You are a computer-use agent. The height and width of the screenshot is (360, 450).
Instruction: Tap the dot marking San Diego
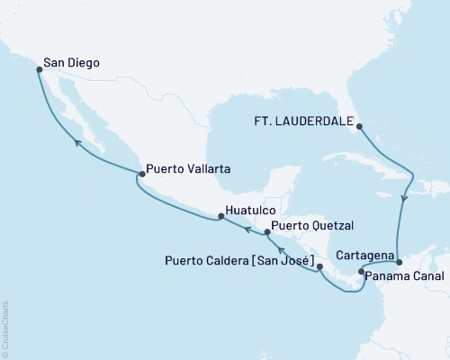point(39,67)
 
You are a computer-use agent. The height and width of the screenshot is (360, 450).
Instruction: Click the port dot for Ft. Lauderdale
point(358,126)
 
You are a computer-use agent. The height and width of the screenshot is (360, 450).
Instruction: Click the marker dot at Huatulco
point(218,216)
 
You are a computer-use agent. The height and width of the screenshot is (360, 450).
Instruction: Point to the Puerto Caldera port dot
point(319,266)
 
